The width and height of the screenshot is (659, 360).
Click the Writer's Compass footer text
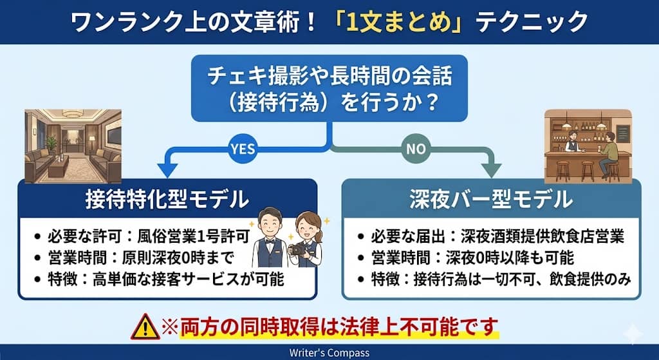pos(329,353)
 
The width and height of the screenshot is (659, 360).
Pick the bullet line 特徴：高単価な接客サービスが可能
pos(160,280)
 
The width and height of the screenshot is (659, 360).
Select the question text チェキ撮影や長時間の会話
pos(329,77)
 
